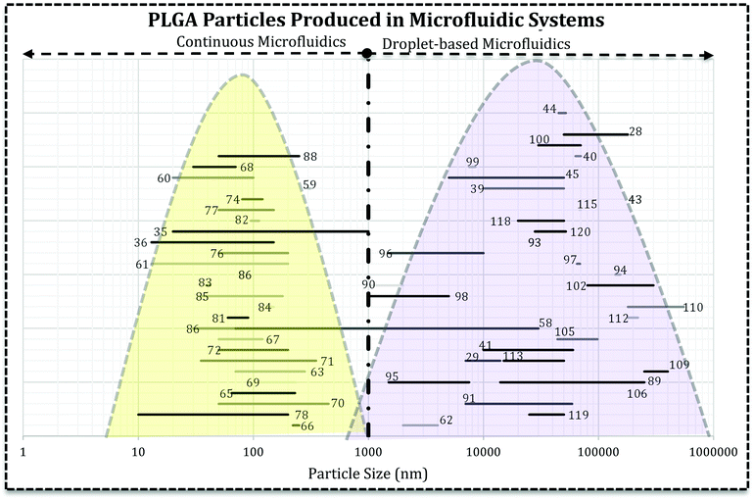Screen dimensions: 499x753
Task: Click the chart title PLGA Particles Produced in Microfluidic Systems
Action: coord(376,20)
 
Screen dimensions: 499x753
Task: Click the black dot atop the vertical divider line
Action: coord(366,53)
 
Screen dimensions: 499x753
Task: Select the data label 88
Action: coord(309,156)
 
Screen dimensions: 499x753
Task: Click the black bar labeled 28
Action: coord(594,133)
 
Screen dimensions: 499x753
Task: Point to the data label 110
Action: coord(693,307)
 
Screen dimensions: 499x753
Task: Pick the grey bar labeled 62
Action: coord(420,424)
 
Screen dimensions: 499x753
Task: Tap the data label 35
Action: coord(161,231)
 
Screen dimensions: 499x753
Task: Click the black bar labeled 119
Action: coord(546,415)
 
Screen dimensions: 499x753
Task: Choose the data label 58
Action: coord(545,323)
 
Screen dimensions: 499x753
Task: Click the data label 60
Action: coord(164,178)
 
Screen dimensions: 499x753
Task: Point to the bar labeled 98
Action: coord(408,296)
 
